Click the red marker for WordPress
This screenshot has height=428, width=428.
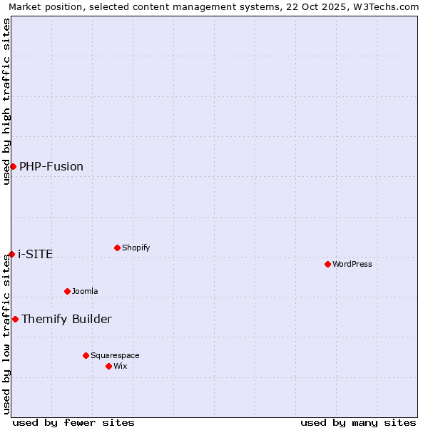coord(327,264)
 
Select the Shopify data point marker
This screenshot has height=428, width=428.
coord(117,248)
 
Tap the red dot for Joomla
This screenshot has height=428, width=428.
coord(67,291)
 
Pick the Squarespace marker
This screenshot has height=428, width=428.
coord(86,355)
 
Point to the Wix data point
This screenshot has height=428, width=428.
coord(108,366)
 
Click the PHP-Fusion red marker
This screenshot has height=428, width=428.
coord(13,166)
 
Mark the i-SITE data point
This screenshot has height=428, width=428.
coord(11,254)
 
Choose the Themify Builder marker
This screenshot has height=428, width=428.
coord(15,319)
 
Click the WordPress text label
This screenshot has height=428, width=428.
coord(352,264)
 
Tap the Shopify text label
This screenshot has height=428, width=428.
coord(136,248)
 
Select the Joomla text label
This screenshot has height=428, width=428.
coord(85,291)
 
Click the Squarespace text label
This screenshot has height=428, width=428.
coord(115,355)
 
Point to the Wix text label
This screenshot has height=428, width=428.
coord(121,366)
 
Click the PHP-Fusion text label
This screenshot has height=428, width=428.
coord(51,166)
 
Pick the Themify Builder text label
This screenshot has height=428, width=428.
coord(66,319)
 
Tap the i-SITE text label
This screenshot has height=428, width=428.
coord(35,254)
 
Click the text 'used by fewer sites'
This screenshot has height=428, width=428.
coord(73,422)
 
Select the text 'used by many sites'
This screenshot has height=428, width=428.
coord(358,422)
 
